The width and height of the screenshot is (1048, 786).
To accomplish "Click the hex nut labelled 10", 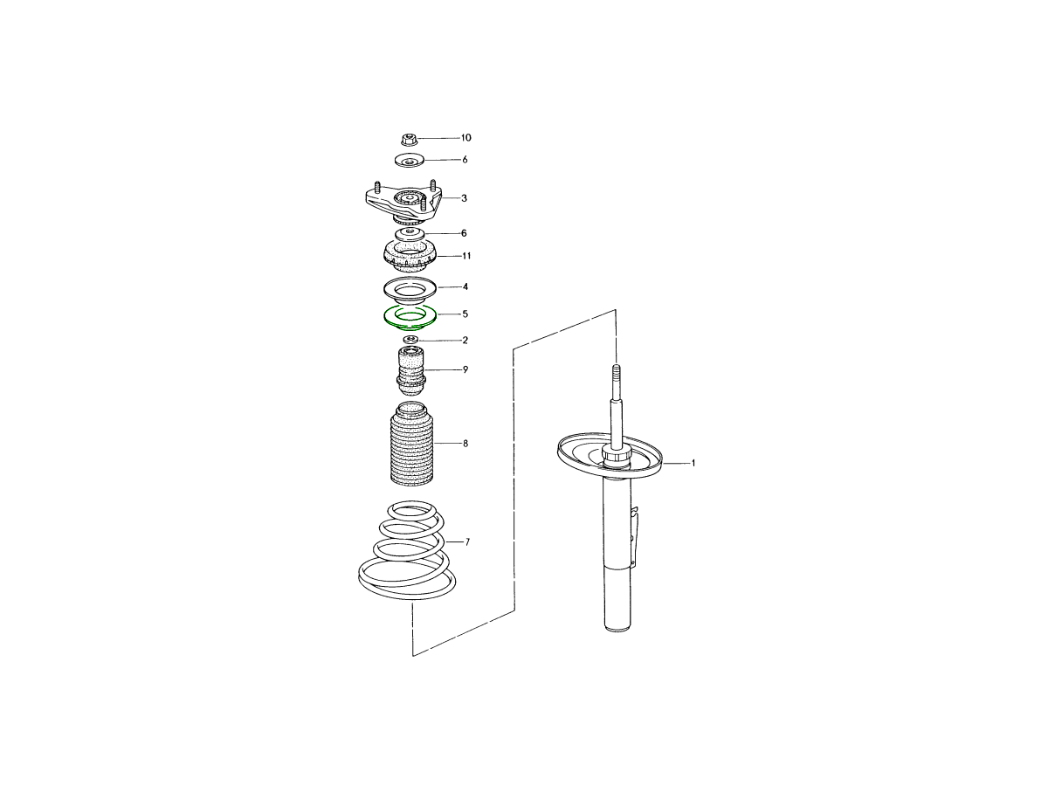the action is tap(409, 140).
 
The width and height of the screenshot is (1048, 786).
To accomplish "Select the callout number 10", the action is tap(465, 137).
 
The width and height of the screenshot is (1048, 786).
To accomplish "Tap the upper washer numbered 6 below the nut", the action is tap(410, 160).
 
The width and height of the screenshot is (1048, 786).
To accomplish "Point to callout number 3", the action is tap(464, 198).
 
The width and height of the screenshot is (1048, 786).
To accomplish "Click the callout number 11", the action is tap(466, 256).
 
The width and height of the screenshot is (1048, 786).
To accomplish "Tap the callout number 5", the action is tap(465, 314).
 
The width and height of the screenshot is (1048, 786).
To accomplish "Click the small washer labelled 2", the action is tap(410, 340).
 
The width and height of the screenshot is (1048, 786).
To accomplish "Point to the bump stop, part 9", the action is tap(410, 372).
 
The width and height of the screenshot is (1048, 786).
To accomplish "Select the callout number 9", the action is tap(465, 369).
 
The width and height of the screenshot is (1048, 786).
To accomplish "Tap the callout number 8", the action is tap(465, 444).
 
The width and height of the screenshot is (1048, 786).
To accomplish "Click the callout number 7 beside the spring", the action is tap(467, 542).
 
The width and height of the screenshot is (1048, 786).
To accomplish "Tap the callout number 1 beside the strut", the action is tap(693, 463).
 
